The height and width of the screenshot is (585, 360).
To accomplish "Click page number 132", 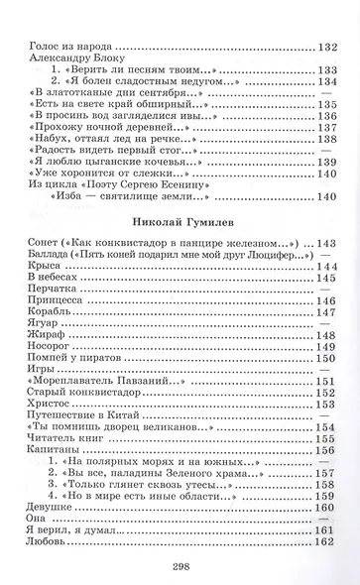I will (329, 47).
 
